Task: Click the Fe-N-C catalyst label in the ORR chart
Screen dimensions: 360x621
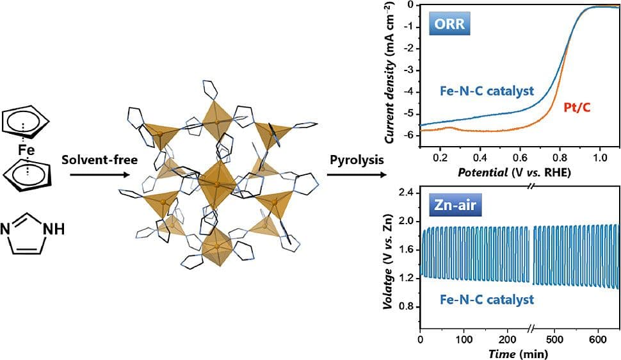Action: (x=487, y=91)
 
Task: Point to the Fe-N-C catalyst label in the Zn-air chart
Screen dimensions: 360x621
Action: (x=487, y=299)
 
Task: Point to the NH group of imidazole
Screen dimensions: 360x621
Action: (x=55, y=227)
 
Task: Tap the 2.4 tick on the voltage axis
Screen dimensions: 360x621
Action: (x=407, y=193)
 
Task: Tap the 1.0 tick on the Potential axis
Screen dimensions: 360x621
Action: (x=600, y=156)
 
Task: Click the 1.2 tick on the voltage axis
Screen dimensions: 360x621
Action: (x=407, y=277)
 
